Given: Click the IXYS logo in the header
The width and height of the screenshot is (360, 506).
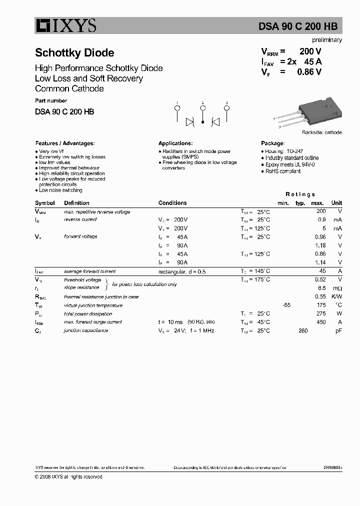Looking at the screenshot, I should [x=65, y=26].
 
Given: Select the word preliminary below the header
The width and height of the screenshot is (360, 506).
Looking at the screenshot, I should [x=326, y=40].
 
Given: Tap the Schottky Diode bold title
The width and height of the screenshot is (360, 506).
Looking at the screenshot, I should [x=74, y=53].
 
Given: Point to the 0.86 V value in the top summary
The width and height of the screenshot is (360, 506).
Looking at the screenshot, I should [x=309, y=71].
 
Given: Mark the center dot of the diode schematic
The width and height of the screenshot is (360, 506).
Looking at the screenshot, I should [x=202, y=121].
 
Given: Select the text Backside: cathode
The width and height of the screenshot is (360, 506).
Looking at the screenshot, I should [x=321, y=132].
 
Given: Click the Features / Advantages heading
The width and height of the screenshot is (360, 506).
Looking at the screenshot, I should [x=65, y=143].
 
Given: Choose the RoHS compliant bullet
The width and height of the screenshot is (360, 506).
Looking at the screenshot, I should [x=282, y=171].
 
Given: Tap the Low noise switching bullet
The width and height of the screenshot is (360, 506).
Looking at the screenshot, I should [x=60, y=190].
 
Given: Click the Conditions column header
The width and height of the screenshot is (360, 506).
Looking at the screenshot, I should [x=172, y=203].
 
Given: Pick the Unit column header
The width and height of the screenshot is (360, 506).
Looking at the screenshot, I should [x=336, y=203].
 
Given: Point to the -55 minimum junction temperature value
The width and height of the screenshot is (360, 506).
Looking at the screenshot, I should [x=286, y=305].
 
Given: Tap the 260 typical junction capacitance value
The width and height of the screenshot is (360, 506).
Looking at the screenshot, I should [x=302, y=330].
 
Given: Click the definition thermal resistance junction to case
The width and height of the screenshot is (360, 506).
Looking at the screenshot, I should [x=101, y=296].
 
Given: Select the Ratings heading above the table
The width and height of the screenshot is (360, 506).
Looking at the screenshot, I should [x=300, y=194].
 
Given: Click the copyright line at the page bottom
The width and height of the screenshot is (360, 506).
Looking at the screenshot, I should [x=68, y=476].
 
